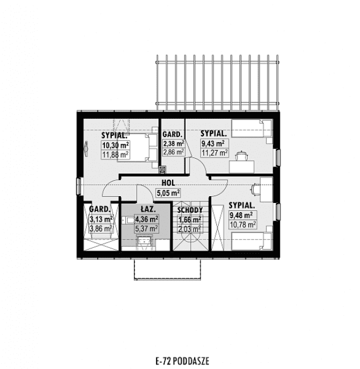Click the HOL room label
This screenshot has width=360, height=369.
[x=168, y=183]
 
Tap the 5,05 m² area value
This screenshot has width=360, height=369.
[x=168, y=193]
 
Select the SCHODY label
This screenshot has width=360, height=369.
[x=190, y=210]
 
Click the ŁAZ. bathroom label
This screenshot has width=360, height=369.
[x=148, y=209]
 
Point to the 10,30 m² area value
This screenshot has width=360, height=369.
[x=115, y=145]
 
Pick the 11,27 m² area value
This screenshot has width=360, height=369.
[x=215, y=153]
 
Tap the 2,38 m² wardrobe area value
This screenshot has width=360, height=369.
[x=174, y=143]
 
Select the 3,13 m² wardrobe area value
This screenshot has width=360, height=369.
[x=101, y=219]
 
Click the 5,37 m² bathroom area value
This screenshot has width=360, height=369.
[x=146, y=228]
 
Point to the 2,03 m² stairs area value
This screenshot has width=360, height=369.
[x=190, y=229]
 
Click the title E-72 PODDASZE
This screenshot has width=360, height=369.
[x=182, y=361]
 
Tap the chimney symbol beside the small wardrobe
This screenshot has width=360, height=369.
[x=162, y=169]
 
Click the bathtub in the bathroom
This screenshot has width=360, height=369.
[x=144, y=241]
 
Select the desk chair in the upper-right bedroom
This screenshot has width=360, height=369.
[x=241, y=156]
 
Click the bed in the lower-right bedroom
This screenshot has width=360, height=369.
[x=252, y=241]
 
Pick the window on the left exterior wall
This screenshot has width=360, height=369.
[x=79, y=186]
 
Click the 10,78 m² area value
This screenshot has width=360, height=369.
[x=242, y=225]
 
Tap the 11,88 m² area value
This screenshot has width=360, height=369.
[x=115, y=155]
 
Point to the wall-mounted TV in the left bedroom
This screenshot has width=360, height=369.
[x=86, y=149]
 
